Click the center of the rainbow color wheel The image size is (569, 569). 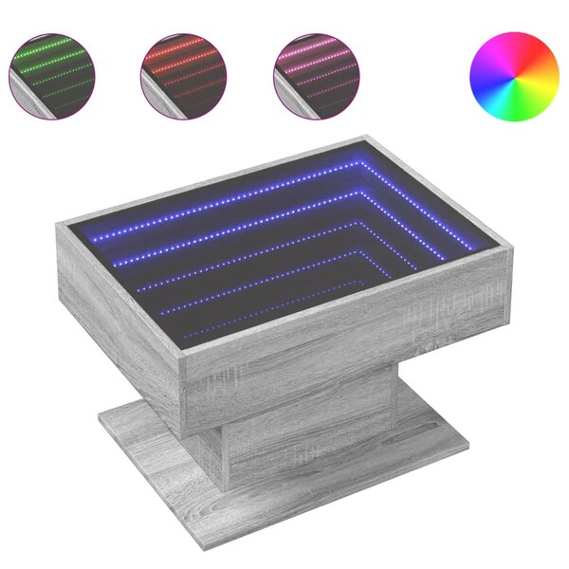[x=513, y=77]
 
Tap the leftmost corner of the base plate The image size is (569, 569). [x=99, y=414]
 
